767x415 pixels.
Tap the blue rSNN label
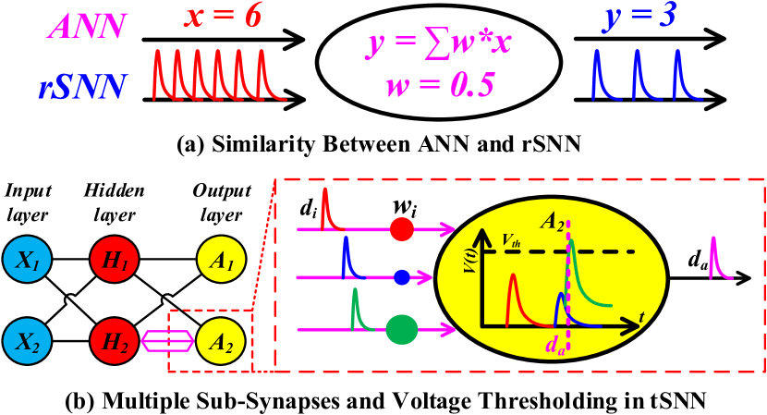[82, 88]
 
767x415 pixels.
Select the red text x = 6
[222, 17]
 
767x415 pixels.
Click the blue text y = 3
[639, 17]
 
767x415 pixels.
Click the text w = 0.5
[440, 86]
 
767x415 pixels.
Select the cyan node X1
[27, 261]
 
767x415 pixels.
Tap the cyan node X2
[27, 341]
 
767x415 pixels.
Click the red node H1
[115, 261]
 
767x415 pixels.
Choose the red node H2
[115, 341]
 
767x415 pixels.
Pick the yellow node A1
[221, 261]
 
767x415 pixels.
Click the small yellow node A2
[221, 341]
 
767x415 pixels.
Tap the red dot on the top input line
[401, 229]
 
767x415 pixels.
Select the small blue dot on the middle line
[401, 277]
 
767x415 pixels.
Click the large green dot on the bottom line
[401, 329]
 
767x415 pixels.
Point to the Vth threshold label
[511, 240]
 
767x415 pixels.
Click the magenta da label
[554, 348]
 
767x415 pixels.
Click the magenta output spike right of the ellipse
[717, 259]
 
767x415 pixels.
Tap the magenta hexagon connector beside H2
[168, 341]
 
